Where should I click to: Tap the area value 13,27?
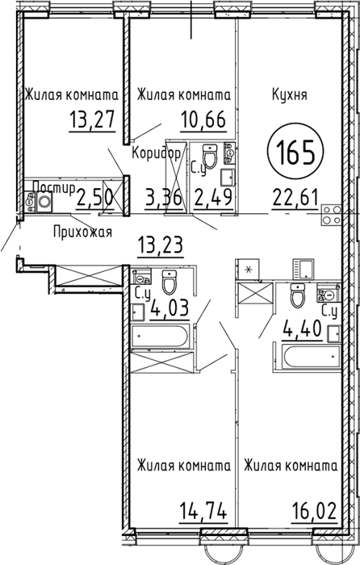(92, 119)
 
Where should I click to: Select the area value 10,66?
(203, 119)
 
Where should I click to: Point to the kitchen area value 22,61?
(295, 197)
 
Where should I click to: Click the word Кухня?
(289, 95)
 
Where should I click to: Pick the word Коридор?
(157, 154)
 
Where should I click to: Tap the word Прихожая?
(82, 232)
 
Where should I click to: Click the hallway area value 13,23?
(161, 246)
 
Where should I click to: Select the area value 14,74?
(203, 511)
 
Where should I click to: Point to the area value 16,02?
(314, 511)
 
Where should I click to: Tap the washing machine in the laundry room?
(44, 201)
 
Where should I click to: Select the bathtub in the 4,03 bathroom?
(159, 337)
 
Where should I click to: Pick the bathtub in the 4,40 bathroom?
(312, 357)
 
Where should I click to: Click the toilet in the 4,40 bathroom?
(298, 295)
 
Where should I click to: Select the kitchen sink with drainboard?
(303, 269)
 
